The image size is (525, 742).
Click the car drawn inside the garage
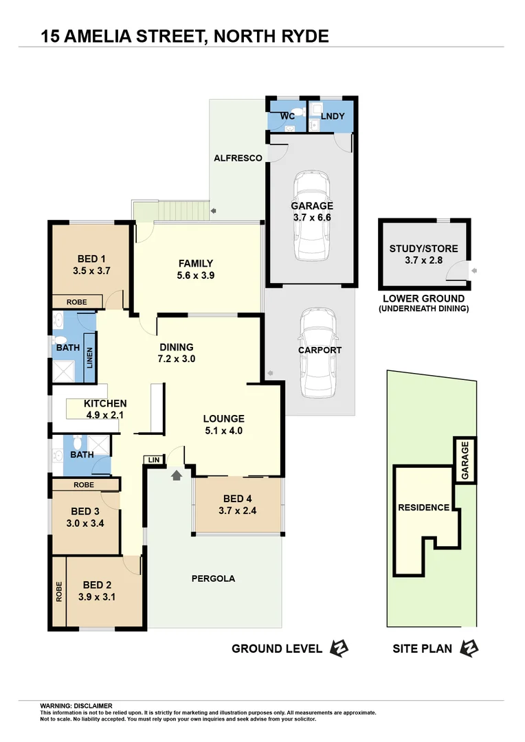pos(312,217)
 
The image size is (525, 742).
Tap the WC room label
pos(287,116)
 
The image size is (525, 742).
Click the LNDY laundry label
pos(332,116)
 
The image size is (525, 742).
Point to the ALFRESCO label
pos(237,158)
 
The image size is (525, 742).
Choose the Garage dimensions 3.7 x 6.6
pos(311,218)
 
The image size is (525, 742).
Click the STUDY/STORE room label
pos(423,249)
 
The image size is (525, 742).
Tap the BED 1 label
pos(91,259)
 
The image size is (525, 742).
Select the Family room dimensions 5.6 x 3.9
pos(196,276)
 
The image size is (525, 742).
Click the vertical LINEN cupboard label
pos(89,358)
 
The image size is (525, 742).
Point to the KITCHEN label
pos(105,403)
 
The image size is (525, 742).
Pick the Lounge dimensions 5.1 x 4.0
pos(223,431)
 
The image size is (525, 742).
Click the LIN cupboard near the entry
pos(153,459)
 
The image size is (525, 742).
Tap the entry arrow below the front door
pos(177,474)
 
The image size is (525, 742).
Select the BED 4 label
pos(238,498)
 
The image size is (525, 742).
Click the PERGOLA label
pos(212,578)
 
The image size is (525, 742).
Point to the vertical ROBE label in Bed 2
pos(59,592)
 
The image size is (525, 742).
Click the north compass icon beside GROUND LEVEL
pos(339,648)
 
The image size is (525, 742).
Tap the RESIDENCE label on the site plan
pos(423,508)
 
